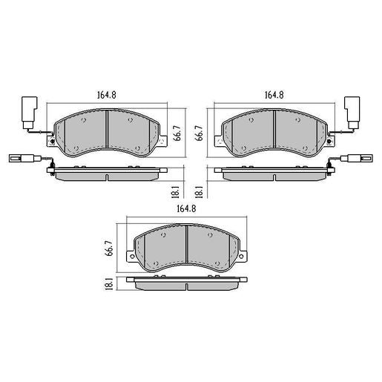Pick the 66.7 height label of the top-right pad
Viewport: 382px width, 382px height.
click(x=199, y=132)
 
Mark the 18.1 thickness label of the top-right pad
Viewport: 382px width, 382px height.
click(x=199, y=192)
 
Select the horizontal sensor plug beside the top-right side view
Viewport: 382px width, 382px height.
click(x=358, y=157)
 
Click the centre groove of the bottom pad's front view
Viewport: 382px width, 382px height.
click(x=186, y=245)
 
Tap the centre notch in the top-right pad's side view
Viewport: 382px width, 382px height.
click(x=274, y=177)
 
